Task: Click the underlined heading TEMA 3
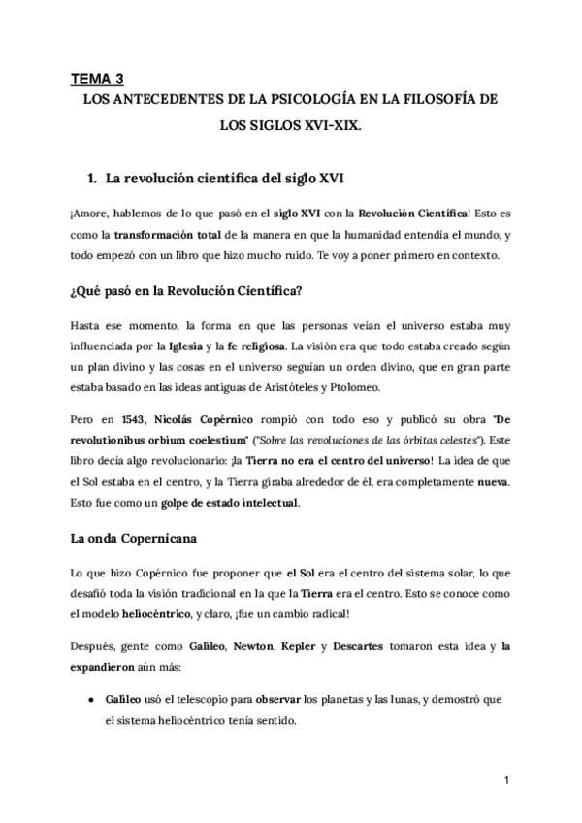98,80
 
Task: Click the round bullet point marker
89,699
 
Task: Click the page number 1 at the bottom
506,779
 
